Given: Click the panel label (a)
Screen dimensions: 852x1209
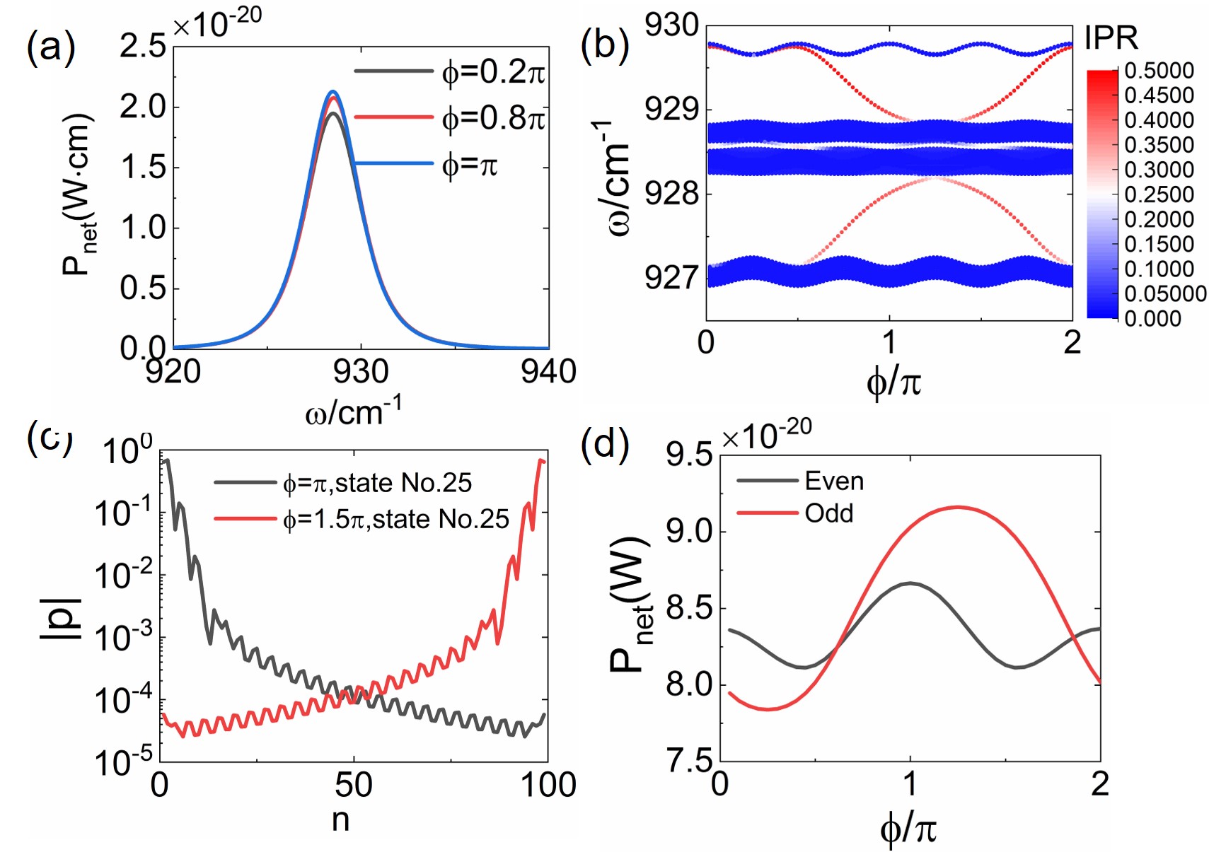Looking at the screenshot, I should point(51,49).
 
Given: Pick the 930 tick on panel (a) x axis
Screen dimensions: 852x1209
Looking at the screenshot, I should point(361,371).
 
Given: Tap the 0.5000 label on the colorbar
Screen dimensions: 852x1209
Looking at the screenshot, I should point(1159,71).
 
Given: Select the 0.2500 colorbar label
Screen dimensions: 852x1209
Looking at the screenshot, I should point(1159,194).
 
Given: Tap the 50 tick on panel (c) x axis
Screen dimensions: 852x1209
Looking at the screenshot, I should point(353,786).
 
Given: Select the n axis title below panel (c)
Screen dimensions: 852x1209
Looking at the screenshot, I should point(340,819).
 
